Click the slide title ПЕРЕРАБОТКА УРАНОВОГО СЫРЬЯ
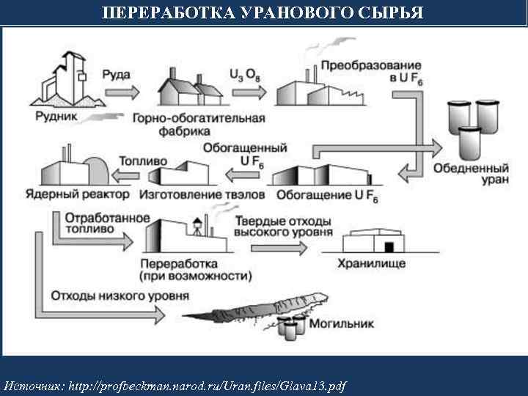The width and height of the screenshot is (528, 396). [x=264, y=13]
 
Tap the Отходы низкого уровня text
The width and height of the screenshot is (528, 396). [x=120, y=297]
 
